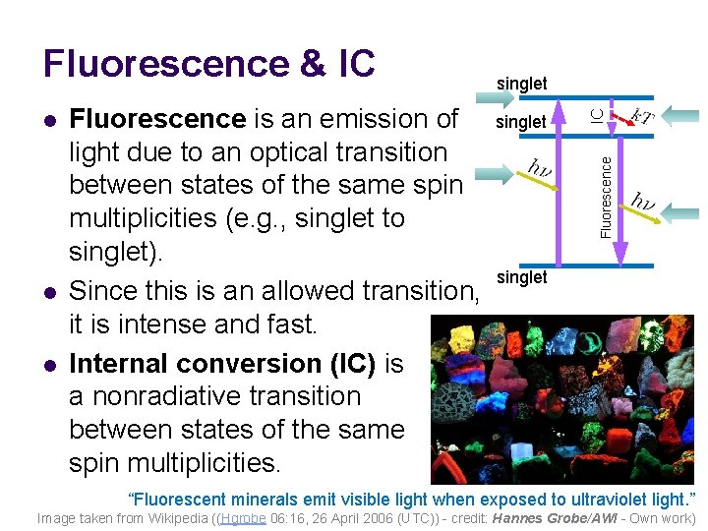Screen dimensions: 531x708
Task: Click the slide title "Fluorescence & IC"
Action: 208,63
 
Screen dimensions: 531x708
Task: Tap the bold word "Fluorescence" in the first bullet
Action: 157,119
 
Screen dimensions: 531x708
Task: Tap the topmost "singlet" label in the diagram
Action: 521,84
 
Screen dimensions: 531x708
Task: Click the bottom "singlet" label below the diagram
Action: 521,277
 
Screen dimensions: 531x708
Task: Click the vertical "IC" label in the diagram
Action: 596,115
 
